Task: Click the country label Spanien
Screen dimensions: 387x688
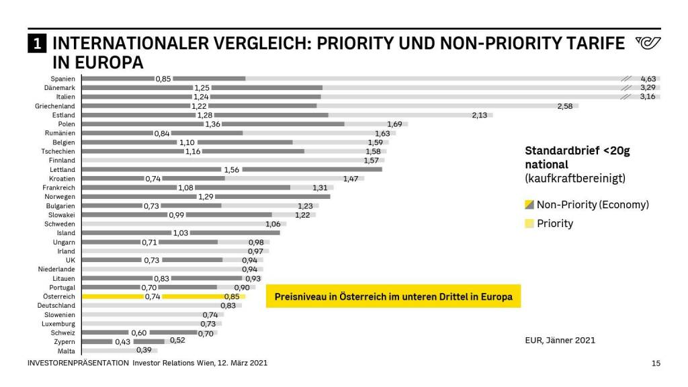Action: click(x=62, y=79)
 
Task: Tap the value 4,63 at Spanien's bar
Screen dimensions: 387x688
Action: click(x=648, y=79)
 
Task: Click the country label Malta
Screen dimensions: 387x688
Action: click(x=67, y=351)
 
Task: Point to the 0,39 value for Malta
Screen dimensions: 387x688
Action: click(x=144, y=350)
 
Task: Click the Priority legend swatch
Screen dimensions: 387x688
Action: click(x=529, y=223)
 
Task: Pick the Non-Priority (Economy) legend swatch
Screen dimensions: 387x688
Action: click(x=529, y=205)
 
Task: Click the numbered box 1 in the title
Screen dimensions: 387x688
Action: click(x=36, y=44)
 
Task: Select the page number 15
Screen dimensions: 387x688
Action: click(x=656, y=363)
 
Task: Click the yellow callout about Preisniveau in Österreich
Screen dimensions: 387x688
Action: click(x=393, y=296)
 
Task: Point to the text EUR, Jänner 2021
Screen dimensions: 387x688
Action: click(x=560, y=340)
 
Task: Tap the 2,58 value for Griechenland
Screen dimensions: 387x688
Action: click(x=565, y=106)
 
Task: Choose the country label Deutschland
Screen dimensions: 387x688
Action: click(x=56, y=305)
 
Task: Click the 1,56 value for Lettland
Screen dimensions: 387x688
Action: click(x=231, y=170)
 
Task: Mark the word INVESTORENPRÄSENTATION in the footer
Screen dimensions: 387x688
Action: click(x=78, y=363)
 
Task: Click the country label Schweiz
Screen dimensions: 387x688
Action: click(x=63, y=333)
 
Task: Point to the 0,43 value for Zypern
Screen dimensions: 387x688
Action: click(x=123, y=341)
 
